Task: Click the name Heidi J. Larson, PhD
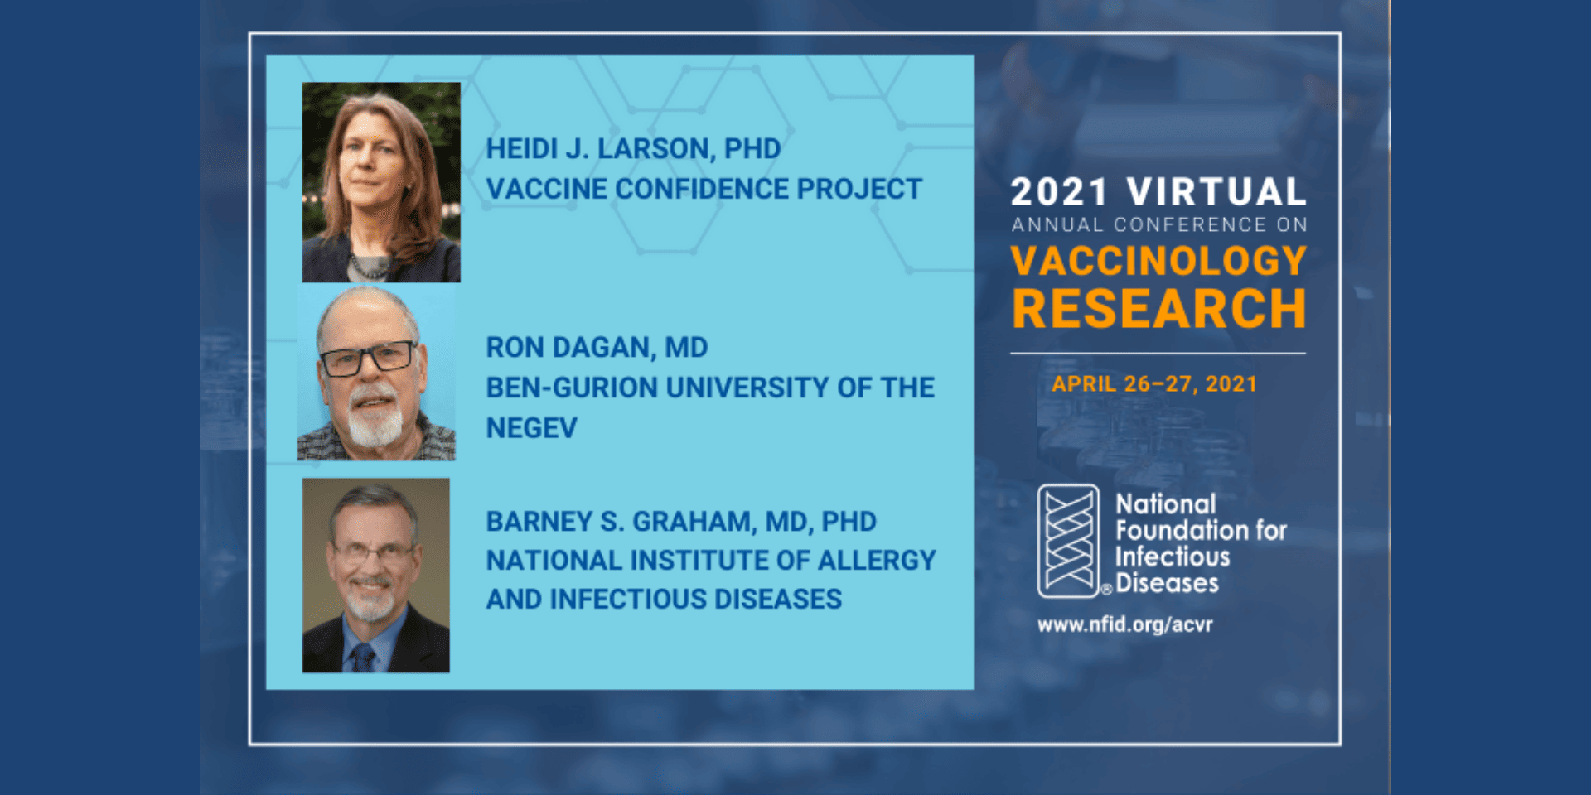point(633,148)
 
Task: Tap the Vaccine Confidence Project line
point(704,189)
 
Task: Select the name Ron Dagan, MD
point(597,347)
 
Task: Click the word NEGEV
point(531,428)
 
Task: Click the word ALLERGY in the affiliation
point(877,561)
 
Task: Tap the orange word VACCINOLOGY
point(1158,261)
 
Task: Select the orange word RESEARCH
point(1158,309)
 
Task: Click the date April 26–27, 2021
point(1154,384)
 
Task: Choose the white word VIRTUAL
point(1216,192)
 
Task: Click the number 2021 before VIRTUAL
point(1059,192)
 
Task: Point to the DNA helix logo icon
point(1069,542)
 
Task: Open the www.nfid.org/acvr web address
point(1124,624)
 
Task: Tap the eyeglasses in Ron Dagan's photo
point(368,359)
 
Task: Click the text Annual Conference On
point(1159,225)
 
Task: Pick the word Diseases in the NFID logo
point(1167,583)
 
